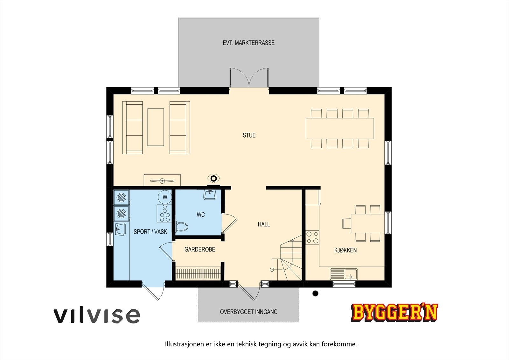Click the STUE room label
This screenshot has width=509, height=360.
(x=249, y=135)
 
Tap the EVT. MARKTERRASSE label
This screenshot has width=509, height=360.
(x=248, y=43)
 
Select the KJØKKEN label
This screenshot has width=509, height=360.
(x=345, y=250)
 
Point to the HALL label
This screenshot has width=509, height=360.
(x=264, y=224)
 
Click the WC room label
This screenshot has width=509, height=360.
(x=201, y=215)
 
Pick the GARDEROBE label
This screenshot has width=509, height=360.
(x=200, y=250)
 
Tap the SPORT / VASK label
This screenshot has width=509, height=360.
(x=150, y=232)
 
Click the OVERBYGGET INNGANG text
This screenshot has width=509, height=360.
(x=248, y=312)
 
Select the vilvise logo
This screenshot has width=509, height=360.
(x=96, y=315)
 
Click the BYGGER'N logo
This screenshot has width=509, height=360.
(x=394, y=312)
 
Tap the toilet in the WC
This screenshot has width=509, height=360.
(x=182, y=227)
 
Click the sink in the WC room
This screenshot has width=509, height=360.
(x=210, y=194)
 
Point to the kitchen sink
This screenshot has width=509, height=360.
(x=344, y=274)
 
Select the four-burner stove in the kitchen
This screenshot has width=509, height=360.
(x=312, y=237)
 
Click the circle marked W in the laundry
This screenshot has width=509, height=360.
(x=165, y=197)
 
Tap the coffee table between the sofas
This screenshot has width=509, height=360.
(x=156, y=127)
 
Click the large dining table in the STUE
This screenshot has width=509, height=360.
(x=340, y=128)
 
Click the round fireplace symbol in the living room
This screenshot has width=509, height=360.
(x=214, y=178)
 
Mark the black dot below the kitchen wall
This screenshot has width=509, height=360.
(x=315, y=293)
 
